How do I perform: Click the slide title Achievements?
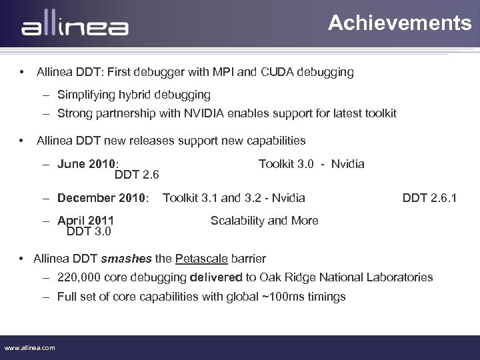pyautogui.click(x=399, y=23)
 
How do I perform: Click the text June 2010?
pyautogui.click(x=87, y=163)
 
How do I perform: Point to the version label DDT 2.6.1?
pyautogui.click(x=429, y=197)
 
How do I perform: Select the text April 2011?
pyautogui.click(x=85, y=221)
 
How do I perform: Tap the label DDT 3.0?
pyautogui.click(x=89, y=232)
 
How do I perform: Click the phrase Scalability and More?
pyautogui.click(x=264, y=221)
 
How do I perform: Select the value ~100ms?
pyautogui.click(x=268, y=297)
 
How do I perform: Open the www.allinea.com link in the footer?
pyautogui.click(x=30, y=348)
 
